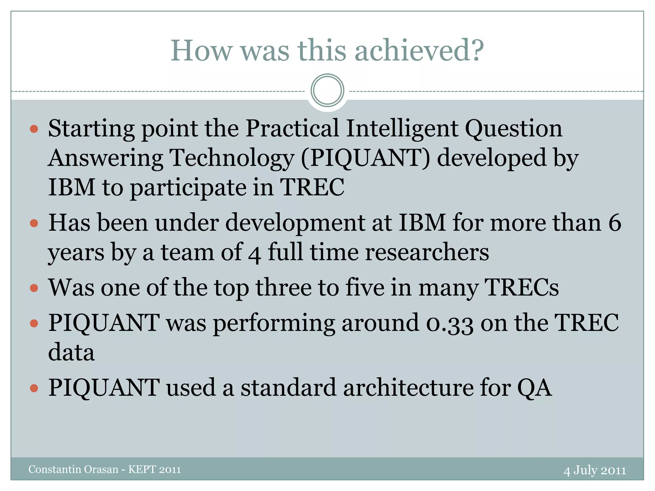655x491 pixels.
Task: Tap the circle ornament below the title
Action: (x=327, y=90)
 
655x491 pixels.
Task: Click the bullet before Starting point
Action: (x=34, y=129)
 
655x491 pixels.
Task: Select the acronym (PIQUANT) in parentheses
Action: (x=365, y=158)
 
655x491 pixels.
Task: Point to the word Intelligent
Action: (x=402, y=129)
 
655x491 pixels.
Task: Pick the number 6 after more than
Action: (x=614, y=223)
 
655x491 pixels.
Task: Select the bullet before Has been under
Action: (x=34, y=223)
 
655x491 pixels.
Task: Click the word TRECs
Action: (x=522, y=287)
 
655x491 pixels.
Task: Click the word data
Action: (x=71, y=352)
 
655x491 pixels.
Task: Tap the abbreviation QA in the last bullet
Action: (x=534, y=388)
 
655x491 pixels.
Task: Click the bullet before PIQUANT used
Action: (x=34, y=388)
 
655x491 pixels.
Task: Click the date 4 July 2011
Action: (x=595, y=471)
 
